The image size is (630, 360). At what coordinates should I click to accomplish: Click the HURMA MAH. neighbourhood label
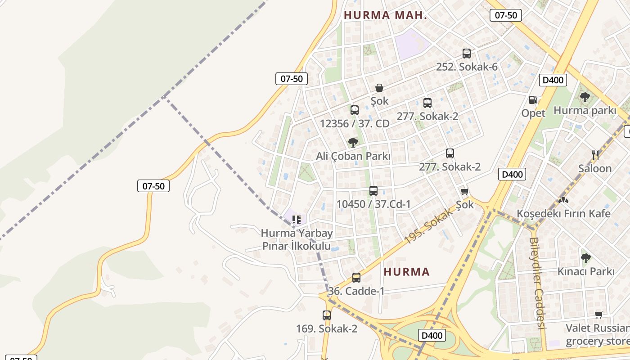[385, 15]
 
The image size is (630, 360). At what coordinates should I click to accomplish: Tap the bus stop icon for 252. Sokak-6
[467, 54]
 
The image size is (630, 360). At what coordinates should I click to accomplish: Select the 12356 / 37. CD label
[355, 123]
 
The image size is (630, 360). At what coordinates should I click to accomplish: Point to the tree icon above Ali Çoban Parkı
[353, 143]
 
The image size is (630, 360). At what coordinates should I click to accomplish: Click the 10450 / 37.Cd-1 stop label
[373, 204]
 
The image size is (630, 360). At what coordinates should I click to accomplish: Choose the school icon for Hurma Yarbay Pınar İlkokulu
[296, 220]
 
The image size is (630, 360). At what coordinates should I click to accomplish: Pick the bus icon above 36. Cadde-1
[356, 277]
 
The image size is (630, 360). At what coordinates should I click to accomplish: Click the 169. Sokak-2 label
[327, 329]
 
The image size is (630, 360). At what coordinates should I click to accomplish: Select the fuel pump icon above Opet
[533, 100]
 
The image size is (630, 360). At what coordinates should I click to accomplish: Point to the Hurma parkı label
[585, 110]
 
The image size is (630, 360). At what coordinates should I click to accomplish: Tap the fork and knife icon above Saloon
[595, 155]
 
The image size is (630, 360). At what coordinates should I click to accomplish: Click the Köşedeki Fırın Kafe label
[563, 213]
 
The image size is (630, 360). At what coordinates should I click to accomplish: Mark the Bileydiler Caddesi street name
[538, 283]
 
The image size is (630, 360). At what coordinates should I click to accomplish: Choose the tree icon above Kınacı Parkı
[585, 258]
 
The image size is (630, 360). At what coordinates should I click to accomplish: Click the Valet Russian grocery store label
[597, 334]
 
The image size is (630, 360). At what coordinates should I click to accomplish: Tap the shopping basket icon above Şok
[379, 88]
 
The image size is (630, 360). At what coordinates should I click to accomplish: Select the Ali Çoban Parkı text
[353, 156]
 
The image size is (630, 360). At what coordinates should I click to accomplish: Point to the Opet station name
[533, 113]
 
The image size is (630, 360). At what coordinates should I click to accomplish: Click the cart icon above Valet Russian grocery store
[599, 315]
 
